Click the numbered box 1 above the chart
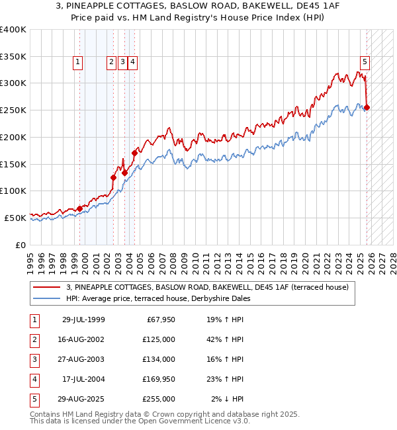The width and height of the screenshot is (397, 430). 78,62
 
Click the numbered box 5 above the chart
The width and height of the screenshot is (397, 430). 365,62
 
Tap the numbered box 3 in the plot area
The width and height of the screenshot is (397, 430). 122,62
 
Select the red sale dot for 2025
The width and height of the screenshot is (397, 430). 367,108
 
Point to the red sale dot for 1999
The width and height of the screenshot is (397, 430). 79,208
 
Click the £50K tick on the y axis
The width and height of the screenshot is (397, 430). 15,218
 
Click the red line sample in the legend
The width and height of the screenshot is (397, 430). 48,287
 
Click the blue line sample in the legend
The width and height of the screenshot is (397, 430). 48,298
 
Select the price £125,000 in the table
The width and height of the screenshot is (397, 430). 159,339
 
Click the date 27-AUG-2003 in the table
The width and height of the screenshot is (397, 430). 83,359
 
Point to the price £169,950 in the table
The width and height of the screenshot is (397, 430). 159,379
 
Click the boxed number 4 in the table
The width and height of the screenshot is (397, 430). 34,379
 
